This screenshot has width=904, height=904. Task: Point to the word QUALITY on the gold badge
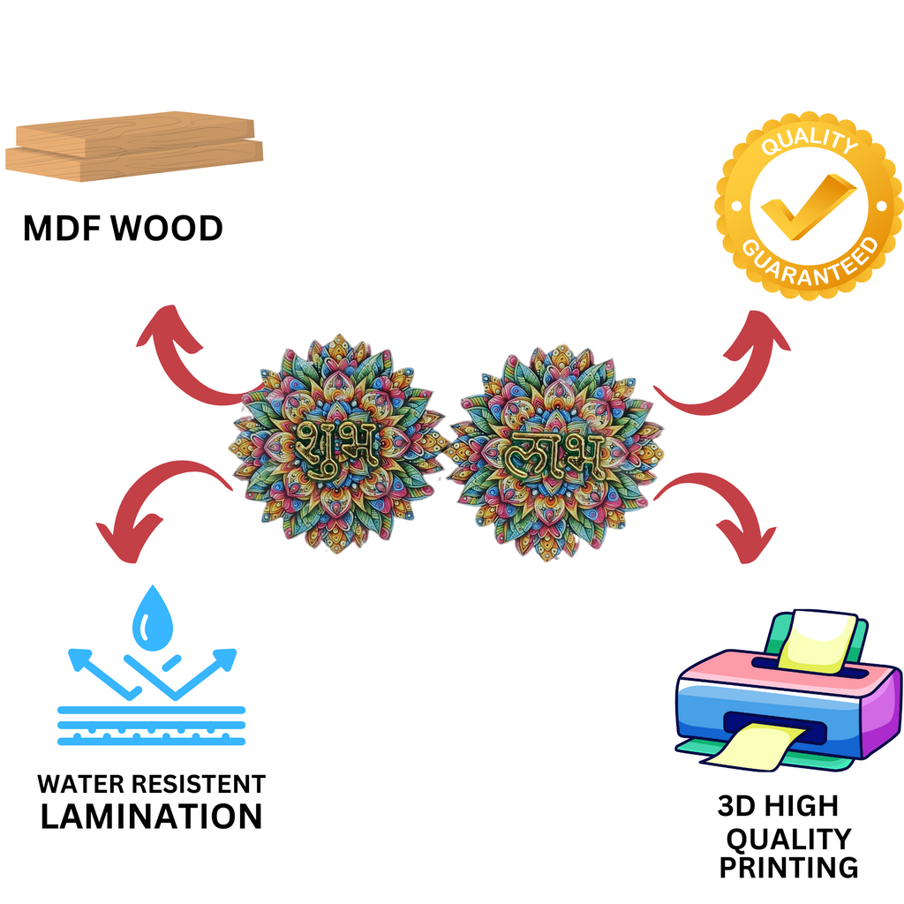click(808, 143)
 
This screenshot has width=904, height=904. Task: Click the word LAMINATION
click(151, 816)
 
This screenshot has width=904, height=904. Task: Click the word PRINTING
click(787, 867)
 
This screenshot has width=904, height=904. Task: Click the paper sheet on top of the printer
click(817, 637)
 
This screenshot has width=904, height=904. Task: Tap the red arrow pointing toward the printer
click(724, 512)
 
